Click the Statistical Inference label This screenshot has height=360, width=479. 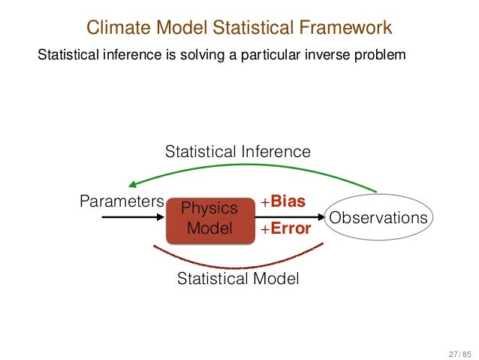(237, 152)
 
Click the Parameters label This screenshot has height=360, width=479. (121, 201)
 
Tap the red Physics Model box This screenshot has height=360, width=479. (211, 217)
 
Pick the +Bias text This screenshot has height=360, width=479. (282, 201)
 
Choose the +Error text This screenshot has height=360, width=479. (285, 229)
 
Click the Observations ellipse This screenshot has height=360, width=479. (378, 217)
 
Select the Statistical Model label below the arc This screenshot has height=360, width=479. (237, 279)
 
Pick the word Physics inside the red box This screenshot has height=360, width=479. (211, 207)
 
